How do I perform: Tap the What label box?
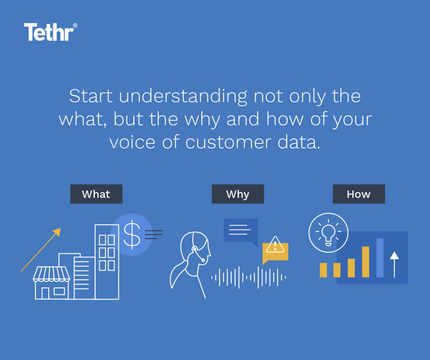(x=96, y=194)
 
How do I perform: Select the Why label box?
(x=238, y=194)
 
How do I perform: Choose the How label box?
(x=359, y=194)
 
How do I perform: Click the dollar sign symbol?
(x=132, y=235)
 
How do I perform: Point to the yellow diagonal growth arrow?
(x=41, y=250)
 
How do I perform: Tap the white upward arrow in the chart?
(x=394, y=264)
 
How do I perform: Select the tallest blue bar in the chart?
(x=380, y=258)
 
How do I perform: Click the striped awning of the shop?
(x=52, y=274)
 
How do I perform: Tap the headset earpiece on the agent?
(x=195, y=250)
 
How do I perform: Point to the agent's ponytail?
(x=176, y=277)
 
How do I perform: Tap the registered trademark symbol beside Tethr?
(x=75, y=26)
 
